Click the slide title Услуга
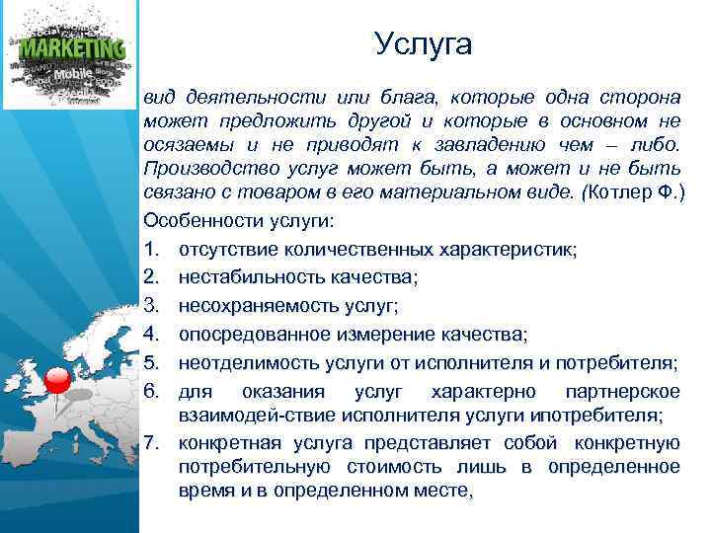coord(424,44)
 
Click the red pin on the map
coord(59,379)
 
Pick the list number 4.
coord(150,339)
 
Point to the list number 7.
coord(150,440)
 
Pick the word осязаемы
coord(181,144)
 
